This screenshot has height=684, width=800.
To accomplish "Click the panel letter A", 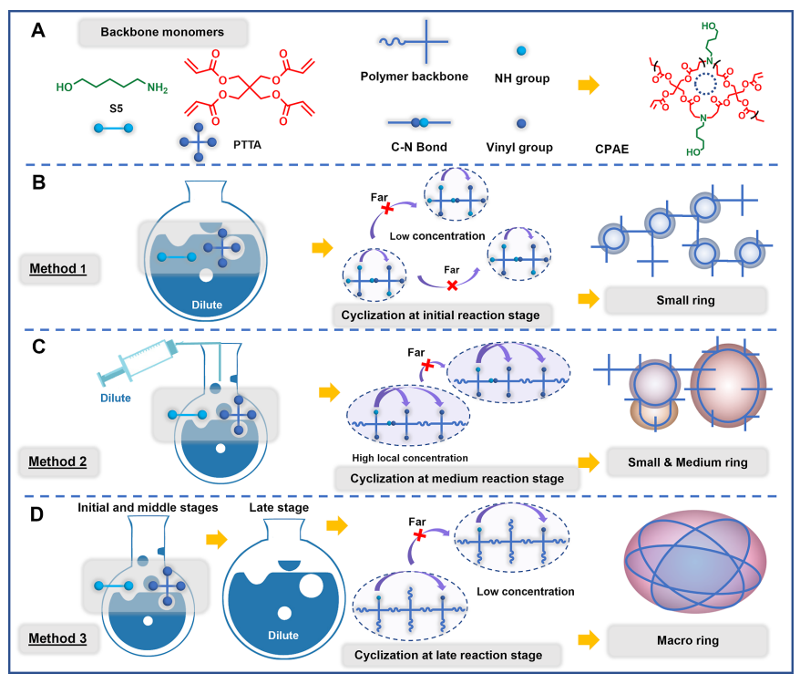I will (x=37, y=31).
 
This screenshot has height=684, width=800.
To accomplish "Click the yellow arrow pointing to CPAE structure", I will (x=590, y=85).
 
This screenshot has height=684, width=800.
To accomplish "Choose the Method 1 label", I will (x=57, y=272).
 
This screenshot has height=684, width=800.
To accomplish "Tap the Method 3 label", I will (x=57, y=638).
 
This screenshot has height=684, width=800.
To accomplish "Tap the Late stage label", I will (x=278, y=507).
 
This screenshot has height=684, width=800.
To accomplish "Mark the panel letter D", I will (x=37, y=513).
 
